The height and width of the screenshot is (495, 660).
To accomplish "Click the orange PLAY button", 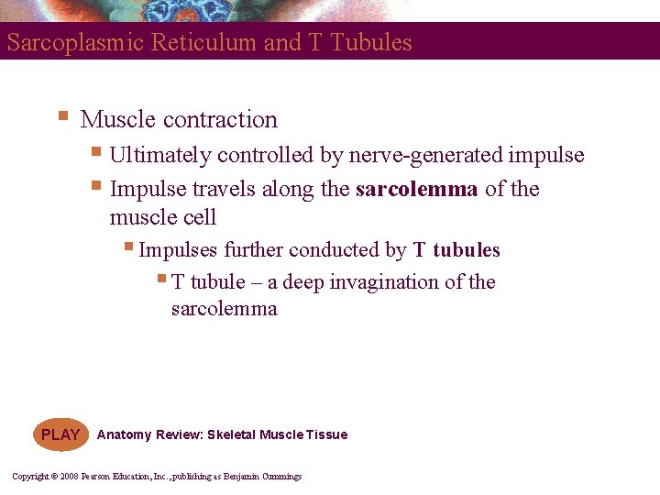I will [x=60, y=434].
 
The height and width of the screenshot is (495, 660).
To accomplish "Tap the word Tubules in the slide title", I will [x=375, y=43].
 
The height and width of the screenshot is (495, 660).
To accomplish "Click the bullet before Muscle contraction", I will [x=62, y=117].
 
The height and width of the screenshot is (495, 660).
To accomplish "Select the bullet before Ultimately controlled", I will [x=97, y=153].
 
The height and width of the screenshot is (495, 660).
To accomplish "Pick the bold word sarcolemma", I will [x=417, y=190].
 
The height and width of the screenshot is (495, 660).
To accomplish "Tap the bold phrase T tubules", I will [x=456, y=250].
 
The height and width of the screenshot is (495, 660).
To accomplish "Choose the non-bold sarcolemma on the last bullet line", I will [x=224, y=309].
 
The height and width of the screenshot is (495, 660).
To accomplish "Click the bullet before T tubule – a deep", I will [x=161, y=280].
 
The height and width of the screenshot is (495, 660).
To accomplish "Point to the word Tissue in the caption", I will [x=327, y=434].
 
